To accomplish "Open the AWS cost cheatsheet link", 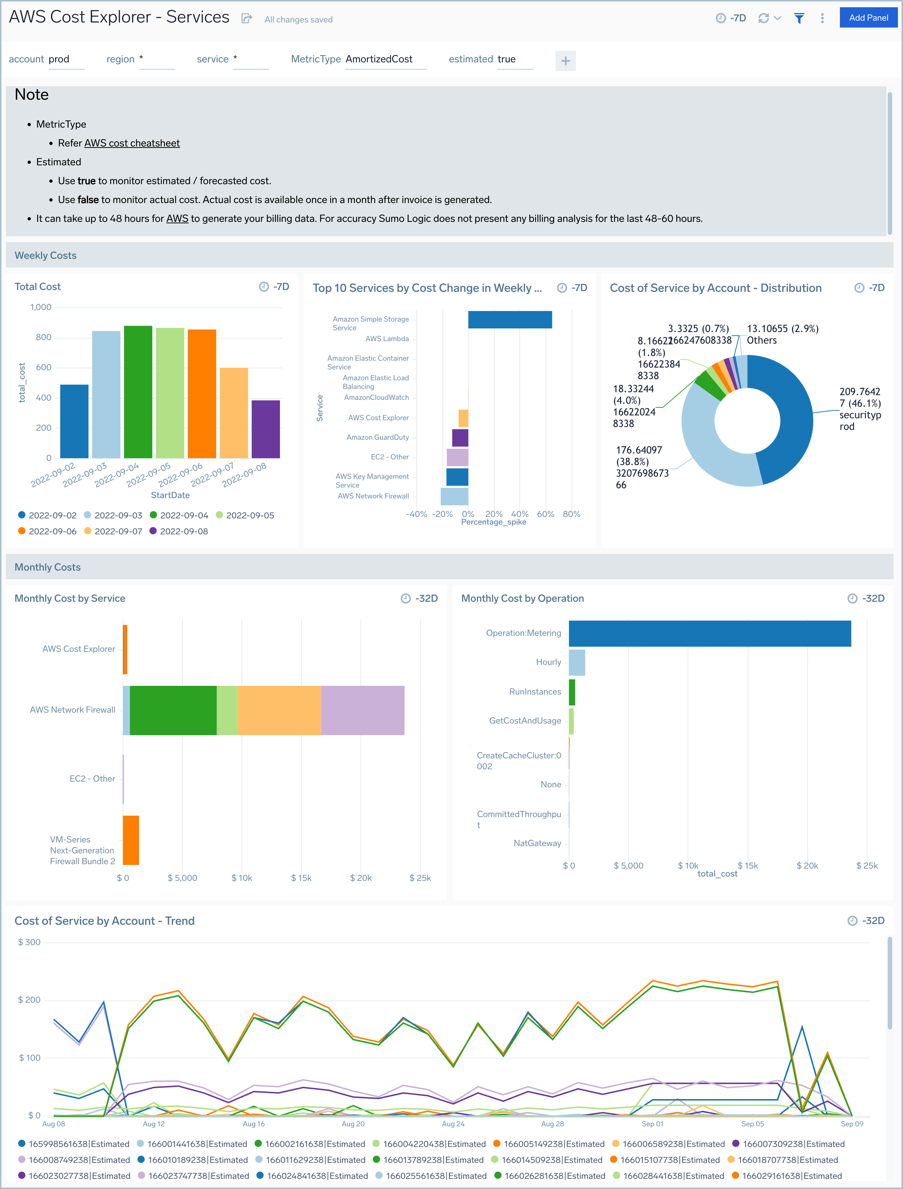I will tap(132, 143).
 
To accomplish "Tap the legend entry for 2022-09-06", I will tap(52, 531).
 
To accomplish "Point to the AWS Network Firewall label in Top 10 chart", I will tap(373, 496).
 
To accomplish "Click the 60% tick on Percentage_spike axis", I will tap(545, 514).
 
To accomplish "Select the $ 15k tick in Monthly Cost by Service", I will tap(301, 878).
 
